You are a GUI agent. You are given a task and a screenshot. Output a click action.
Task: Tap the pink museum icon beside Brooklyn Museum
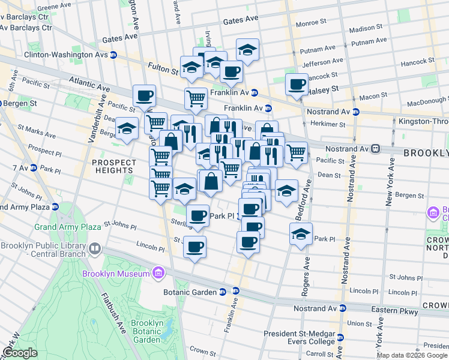pos(158,274)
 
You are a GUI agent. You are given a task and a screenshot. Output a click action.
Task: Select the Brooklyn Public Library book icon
pos(95,248)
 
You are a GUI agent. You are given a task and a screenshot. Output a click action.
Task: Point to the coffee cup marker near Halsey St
pos(297,85)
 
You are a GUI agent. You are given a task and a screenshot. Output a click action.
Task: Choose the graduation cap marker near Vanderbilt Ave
pos(127,129)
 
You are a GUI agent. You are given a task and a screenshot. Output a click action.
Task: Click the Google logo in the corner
pos(20,353)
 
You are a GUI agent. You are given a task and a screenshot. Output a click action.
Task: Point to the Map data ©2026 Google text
pos(412,355)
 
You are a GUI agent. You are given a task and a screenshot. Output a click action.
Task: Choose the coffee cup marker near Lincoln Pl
pos(194,247)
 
